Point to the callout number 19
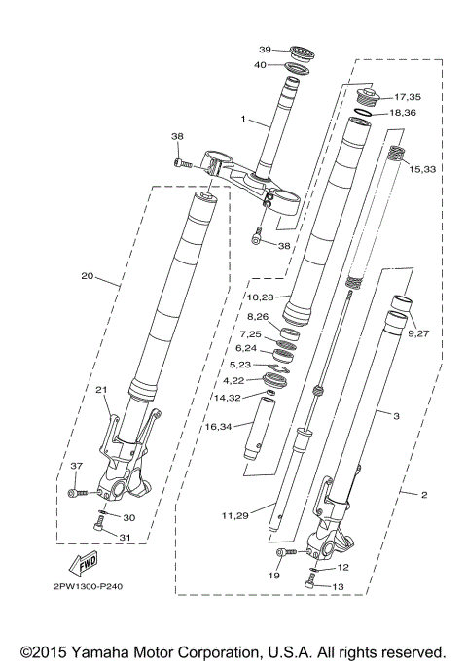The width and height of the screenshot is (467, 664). click(274, 577)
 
